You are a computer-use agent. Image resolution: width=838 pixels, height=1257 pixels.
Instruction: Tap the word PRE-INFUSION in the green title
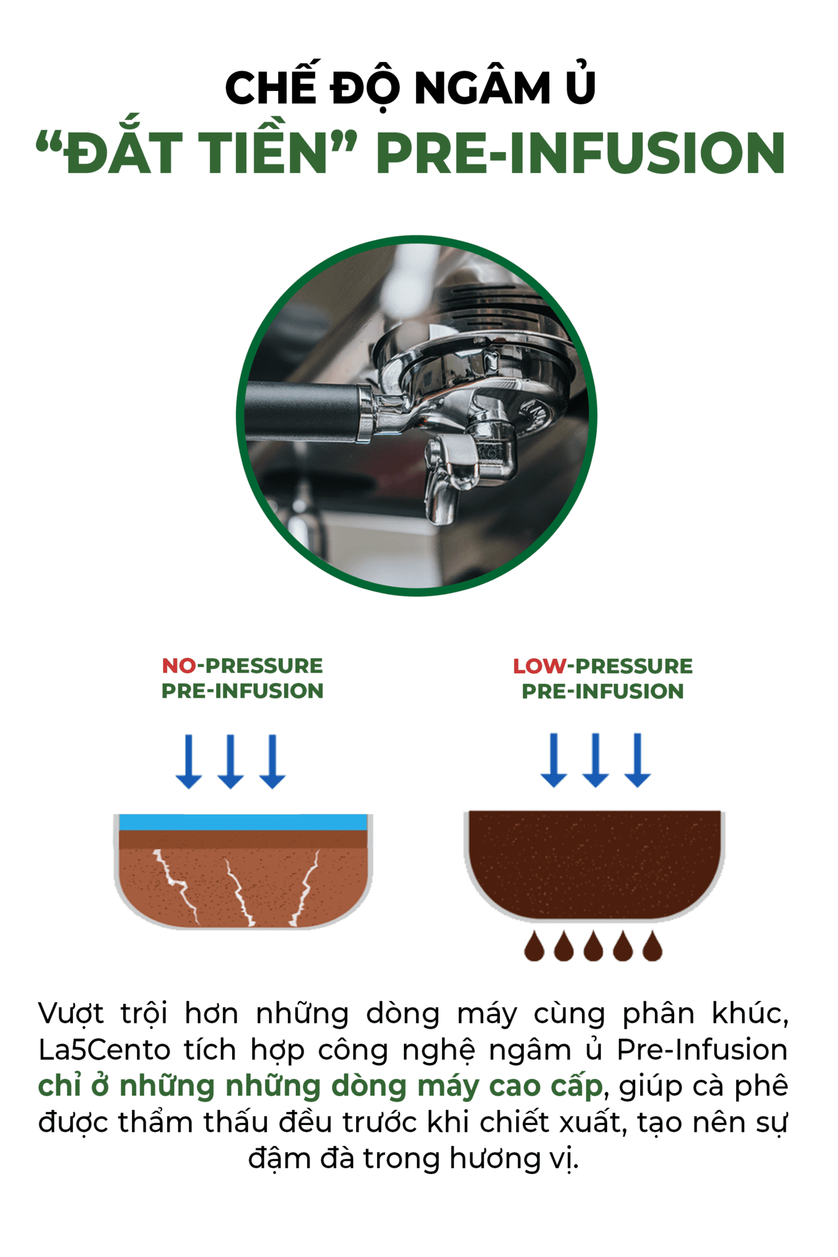point(581,153)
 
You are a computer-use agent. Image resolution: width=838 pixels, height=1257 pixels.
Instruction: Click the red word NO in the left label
point(179,665)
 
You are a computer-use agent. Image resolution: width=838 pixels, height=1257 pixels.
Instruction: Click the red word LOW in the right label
point(540,666)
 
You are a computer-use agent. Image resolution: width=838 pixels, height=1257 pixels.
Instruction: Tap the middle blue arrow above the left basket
point(231,761)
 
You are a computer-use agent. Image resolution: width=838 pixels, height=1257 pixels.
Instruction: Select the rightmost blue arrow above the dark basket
point(638,760)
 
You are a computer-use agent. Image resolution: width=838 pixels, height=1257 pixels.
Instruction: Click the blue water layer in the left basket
point(243,822)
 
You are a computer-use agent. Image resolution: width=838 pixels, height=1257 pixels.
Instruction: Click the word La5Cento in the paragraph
point(104,1050)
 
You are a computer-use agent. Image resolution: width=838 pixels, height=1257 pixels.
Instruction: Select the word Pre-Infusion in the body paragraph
point(702,1050)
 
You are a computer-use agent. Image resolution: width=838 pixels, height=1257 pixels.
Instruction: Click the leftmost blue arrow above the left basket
point(188,761)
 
